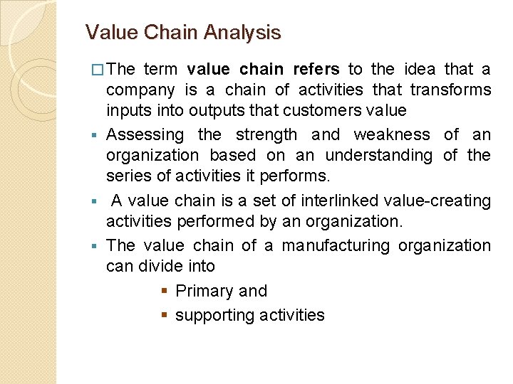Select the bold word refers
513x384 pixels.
click(x=316, y=69)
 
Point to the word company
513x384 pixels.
click(x=140, y=90)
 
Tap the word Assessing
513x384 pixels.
click(x=145, y=134)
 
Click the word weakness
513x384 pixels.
click(x=392, y=134)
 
